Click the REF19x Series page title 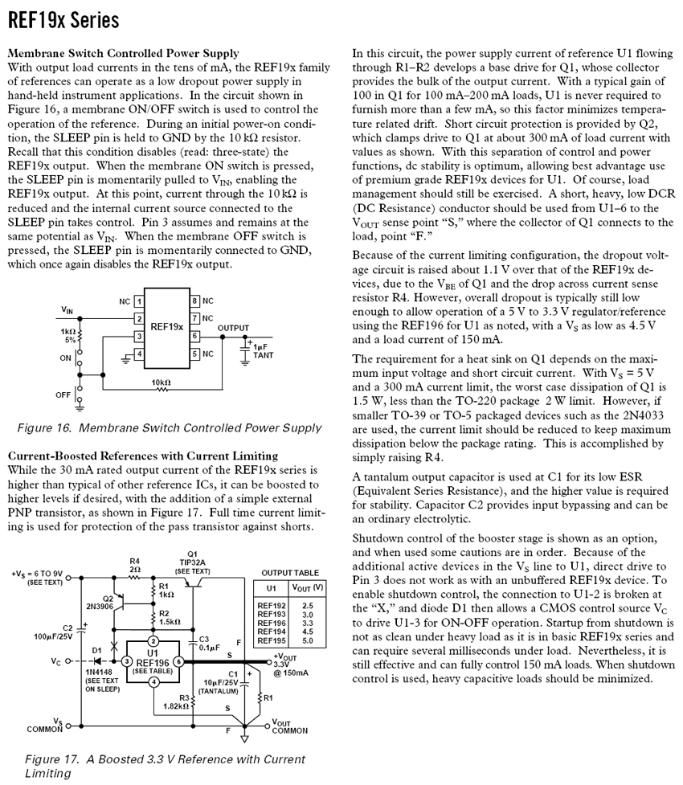(63, 20)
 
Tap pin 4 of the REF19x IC (139, 353)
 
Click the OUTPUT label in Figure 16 (234, 328)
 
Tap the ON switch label (65, 358)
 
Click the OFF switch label (63, 395)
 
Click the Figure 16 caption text (169, 427)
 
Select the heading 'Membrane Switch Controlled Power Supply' (123, 53)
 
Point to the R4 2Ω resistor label (134, 565)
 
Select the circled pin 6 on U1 (178, 660)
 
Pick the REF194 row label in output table (271, 631)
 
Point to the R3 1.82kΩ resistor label (175, 702)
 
